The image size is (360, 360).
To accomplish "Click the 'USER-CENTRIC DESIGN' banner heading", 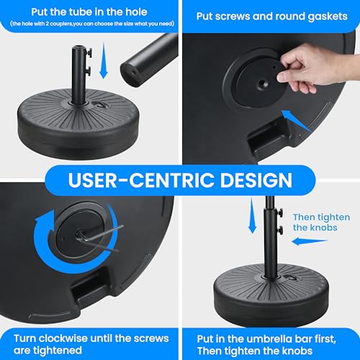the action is pos(180,180).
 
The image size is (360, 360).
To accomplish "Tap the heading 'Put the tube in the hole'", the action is pos(89,12).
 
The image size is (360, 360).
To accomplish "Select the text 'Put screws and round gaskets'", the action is pos(272,17).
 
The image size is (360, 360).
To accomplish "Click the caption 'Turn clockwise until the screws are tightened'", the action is pos(91,344).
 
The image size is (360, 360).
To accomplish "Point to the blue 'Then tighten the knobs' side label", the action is pos(321,222).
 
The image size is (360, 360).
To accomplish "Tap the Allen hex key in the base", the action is pos(99,238).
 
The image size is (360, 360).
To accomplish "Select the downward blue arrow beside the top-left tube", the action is pos(104,60).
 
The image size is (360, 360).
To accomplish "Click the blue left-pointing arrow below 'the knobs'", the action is pos(310,241).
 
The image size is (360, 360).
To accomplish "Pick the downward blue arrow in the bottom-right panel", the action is pos(252,215).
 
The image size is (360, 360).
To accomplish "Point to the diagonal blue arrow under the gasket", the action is pos(297,121).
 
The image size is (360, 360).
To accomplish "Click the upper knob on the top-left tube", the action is pos(89,53).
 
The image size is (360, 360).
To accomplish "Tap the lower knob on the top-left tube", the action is pos(89,71).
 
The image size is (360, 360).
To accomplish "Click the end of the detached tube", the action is pos(132,73).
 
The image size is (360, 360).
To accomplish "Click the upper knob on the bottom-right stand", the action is pos(280,212).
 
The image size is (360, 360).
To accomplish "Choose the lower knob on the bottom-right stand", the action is pos(280,230).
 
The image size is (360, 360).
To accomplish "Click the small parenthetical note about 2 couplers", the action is pos(92,24).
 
